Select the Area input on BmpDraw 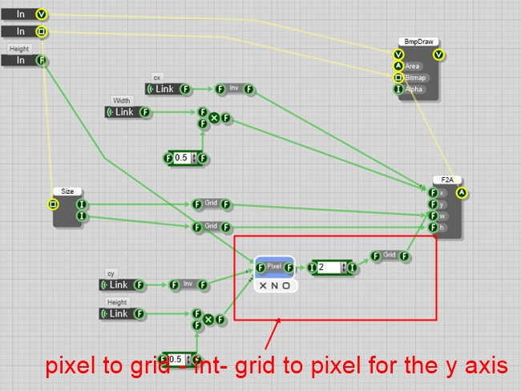pos(413,66)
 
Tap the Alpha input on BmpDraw pos(413,89)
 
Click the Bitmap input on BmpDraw pos(414,78)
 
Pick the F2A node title pos(446,180)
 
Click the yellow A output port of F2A pos(462,193)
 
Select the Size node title pos(67,191)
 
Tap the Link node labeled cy pos(119,284)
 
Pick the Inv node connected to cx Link pos(233,89)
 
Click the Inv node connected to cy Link pos(187,284)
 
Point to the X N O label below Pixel pos(275,285)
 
